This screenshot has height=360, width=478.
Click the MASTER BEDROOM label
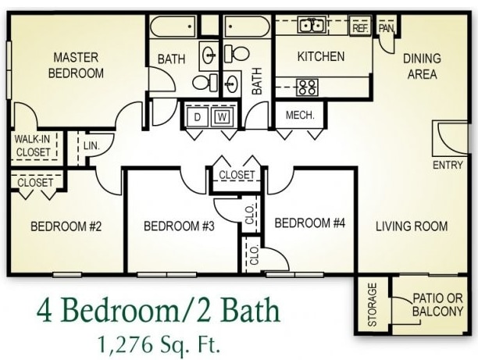click(x=77, y=65)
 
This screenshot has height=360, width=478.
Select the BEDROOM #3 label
click(x=179, y=226)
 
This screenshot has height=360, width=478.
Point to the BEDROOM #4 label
click(x=310, y=223)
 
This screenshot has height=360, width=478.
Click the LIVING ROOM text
click(x=412, y=226)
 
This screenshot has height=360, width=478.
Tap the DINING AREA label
click(x=421, y=66)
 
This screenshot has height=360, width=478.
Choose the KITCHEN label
click(x=320, y=56)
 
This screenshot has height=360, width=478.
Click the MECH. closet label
click(x=300, y=115)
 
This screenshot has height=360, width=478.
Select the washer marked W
click(x=222, y=117)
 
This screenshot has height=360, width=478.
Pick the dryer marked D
click(x=198, y=117)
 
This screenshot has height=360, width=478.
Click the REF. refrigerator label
click(x=360, y=27)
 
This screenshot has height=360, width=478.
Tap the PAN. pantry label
click(x=386, y=27)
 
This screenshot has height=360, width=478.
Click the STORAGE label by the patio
click(x=373, y=302)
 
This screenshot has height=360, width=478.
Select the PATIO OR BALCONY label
click(x=437, y=305)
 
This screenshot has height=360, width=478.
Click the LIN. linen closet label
click(x=90, y=144)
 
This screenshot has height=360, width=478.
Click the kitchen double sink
click(x=313, y=26)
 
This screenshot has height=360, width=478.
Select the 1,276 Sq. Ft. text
click(x=155, y=342)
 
